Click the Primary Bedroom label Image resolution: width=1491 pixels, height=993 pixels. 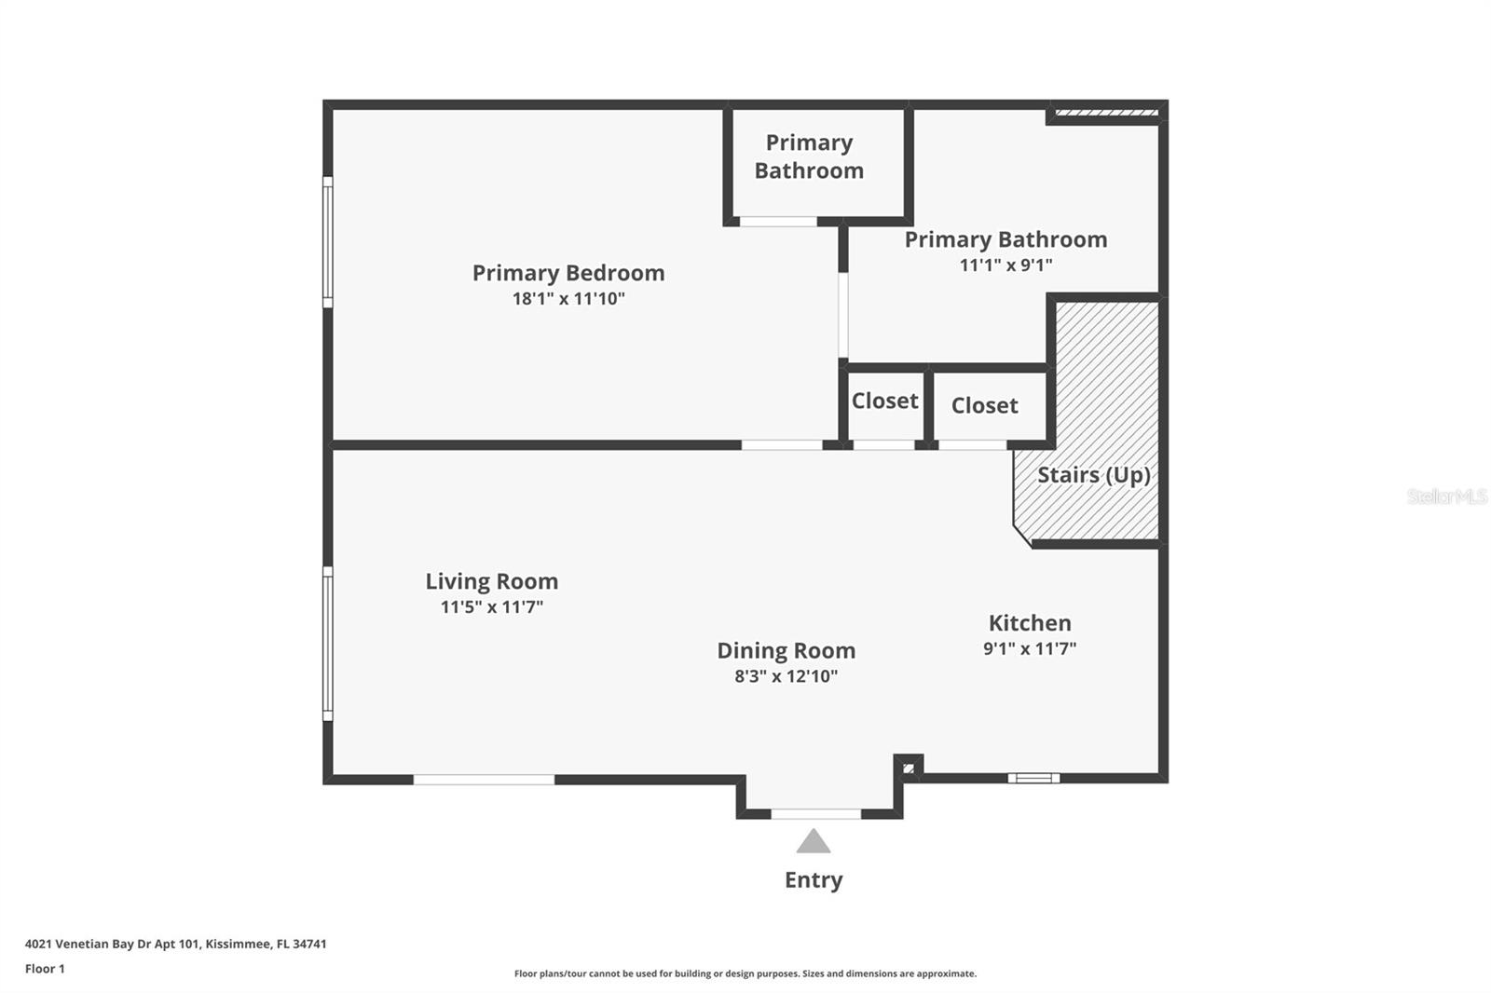pos(568,274)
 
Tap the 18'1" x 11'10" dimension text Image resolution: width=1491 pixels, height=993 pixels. pos(568,299)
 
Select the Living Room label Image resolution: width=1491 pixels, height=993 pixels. pos(492,581)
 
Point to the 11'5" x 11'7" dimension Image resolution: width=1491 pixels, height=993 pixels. pos(492,607)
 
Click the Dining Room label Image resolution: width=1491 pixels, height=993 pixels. pos(787,651)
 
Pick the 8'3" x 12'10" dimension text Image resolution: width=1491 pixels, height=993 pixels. pos(787,676)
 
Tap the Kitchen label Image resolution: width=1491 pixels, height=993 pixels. pos(1030,623)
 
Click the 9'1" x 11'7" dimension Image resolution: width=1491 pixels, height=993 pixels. pos(1030,648)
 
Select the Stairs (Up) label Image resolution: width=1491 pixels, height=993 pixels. pos(1094,475)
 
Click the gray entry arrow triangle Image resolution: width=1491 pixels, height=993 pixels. pos(814,841)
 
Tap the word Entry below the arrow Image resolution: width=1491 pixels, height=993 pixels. pos(814,880)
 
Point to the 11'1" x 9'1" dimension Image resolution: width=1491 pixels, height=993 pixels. pos(1005,265)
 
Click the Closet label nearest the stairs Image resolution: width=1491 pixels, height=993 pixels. pos(984,405)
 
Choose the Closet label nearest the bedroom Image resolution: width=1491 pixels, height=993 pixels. pos(884,401)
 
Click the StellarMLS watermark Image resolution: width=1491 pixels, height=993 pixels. pos(1447,496)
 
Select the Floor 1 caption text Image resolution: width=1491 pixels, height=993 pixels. pos(45,969)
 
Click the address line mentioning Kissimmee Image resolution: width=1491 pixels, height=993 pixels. pos(176,944)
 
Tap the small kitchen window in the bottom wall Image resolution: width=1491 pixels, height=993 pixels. pos(1033,778)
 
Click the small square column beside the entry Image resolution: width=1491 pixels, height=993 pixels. pos(909,769)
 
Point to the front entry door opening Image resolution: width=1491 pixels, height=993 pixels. pos(816,814)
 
